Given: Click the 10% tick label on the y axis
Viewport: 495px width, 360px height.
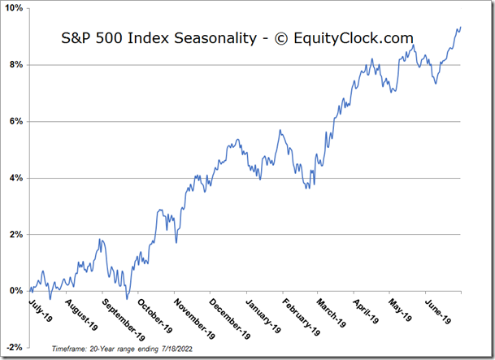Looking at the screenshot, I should (14, 8).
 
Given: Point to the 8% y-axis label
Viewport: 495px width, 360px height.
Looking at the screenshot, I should (16, 65).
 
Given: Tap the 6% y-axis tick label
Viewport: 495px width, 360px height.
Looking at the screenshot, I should (16, 121).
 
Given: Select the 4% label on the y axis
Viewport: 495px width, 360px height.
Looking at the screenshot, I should (16, 178).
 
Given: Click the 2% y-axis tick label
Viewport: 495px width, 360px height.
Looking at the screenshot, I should (16, 234).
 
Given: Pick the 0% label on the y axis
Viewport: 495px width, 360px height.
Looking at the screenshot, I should (16, 291).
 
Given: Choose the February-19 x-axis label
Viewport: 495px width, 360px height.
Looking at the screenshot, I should (302, 317).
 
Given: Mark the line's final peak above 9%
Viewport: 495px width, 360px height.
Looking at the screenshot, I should (460, 28).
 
